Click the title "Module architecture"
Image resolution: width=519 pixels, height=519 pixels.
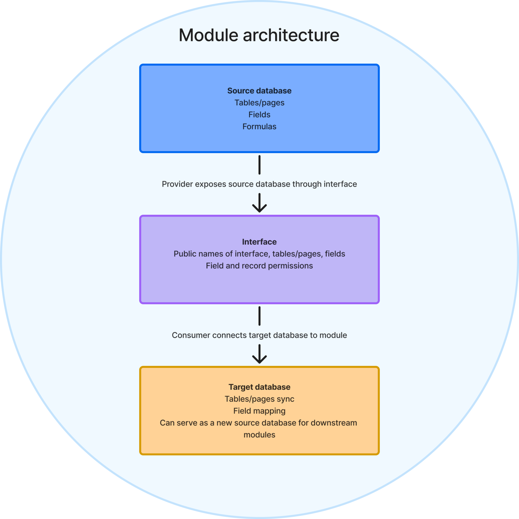pos(259,35)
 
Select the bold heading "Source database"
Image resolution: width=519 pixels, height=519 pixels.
pos(259,91)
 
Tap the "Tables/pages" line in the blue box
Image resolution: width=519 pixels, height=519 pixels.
pos(259,103)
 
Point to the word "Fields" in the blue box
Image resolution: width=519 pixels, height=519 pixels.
pos(259,115)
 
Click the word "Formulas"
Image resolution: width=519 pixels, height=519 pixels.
pos(259,126)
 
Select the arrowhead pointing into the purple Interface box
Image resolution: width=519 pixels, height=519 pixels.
pos(259,208)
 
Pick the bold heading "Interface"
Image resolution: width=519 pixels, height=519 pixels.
pos(259,242)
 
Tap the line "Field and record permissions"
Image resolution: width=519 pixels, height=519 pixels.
pos(259,266)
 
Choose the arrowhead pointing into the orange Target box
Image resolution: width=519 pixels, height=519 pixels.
pos(259,359)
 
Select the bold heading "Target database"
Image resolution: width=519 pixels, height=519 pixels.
pos(259,387)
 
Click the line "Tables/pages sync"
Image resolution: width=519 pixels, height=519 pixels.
pos(259,399)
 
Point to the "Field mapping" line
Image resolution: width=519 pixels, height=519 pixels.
pos(259,411)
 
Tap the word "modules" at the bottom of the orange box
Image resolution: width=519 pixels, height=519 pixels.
pos(259,435)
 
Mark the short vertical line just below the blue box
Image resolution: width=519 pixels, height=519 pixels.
pos(259,165)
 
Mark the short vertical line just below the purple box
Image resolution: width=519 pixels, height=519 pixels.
pos(259,316)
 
